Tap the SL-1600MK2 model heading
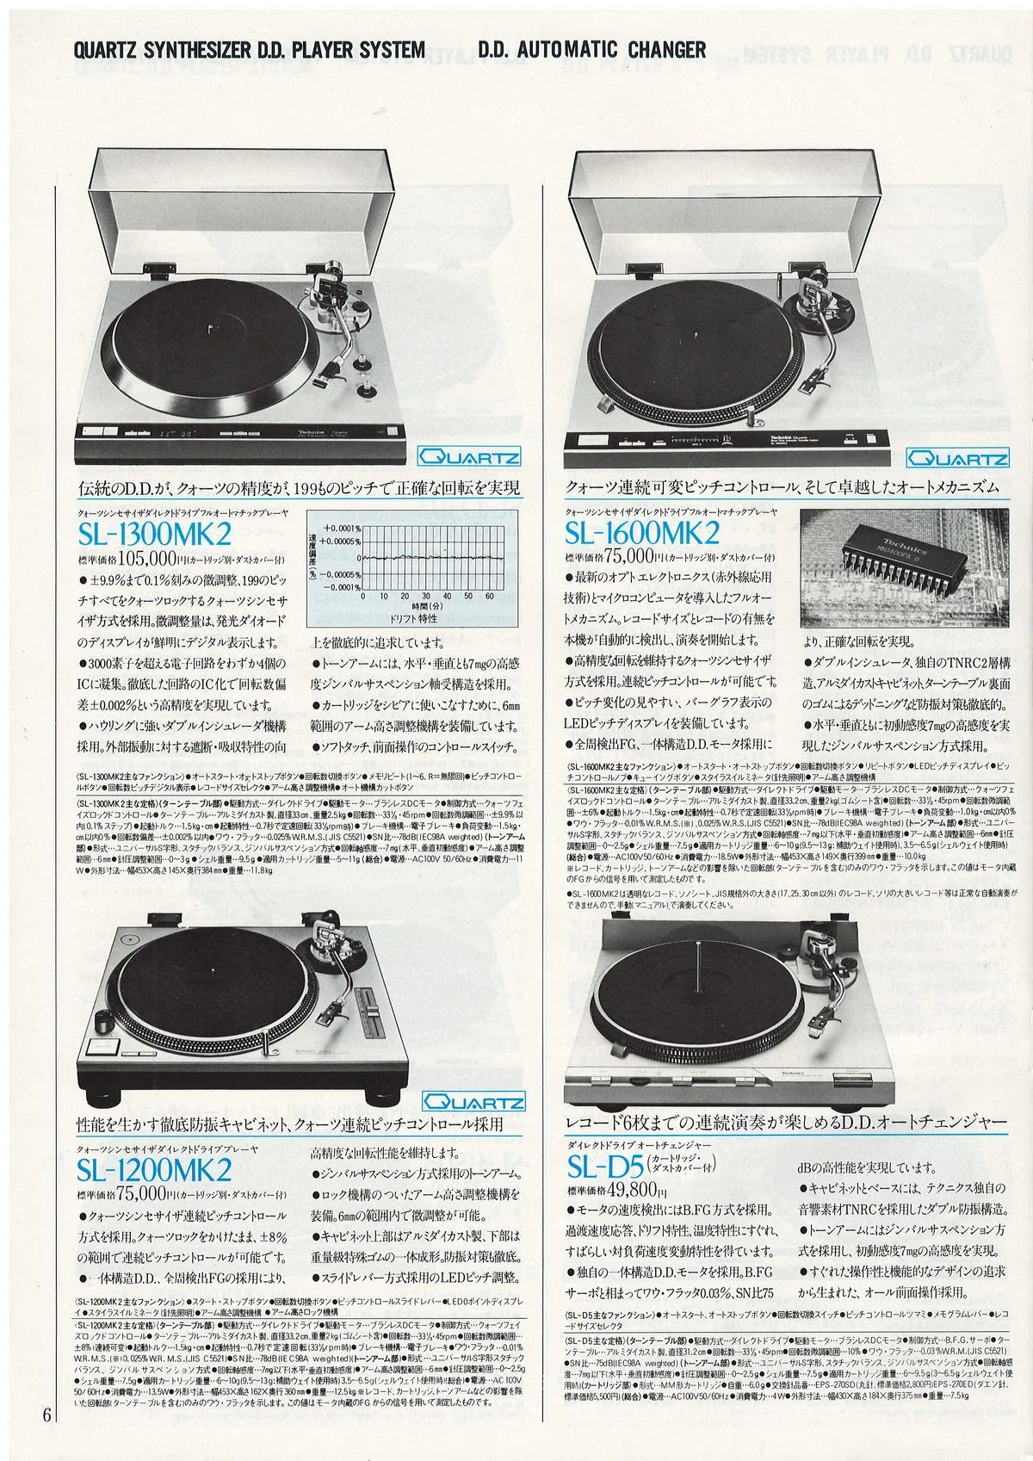click(x=641, y=534)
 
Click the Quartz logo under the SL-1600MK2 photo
click(x=959, y=459)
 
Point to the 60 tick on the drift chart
click(x=488, y=595)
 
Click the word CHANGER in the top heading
click(x=662, y=51)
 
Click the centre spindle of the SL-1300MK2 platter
click(x=212, y=327)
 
